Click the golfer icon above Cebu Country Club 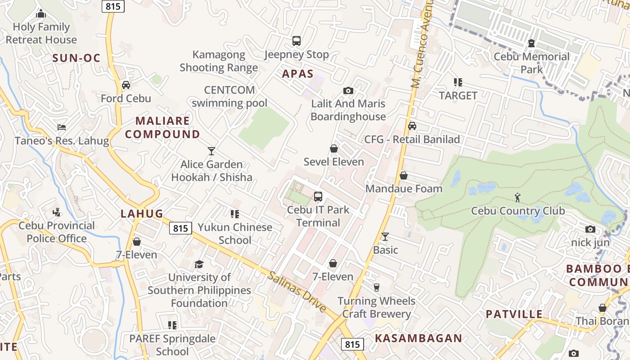(x=517, y=197)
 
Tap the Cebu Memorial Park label (x=531, y=63)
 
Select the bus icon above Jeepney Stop (x=296, y=41)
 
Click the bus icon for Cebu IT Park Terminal (x=318, y=197)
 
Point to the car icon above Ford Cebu (x=126, y=85)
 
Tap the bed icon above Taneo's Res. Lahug (x=62, y=128)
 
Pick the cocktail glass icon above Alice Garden (x=211, y=151)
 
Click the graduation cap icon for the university (x=199, y=264)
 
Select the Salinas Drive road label (x=297, y=292)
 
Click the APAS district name (x=297, y=74)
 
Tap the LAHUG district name (x=142, y=214)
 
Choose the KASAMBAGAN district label (x=418, y=338)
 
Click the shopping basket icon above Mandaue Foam (x=404, y=175)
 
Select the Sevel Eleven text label (x=333, y=162)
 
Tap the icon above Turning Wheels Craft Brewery (x=377, y=287)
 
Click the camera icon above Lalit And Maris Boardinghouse (x=348, y=91)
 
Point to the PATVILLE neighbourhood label (x=514, y=314)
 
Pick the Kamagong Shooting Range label (x=219, y=61)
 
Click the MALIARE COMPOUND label (x=162, y=127)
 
